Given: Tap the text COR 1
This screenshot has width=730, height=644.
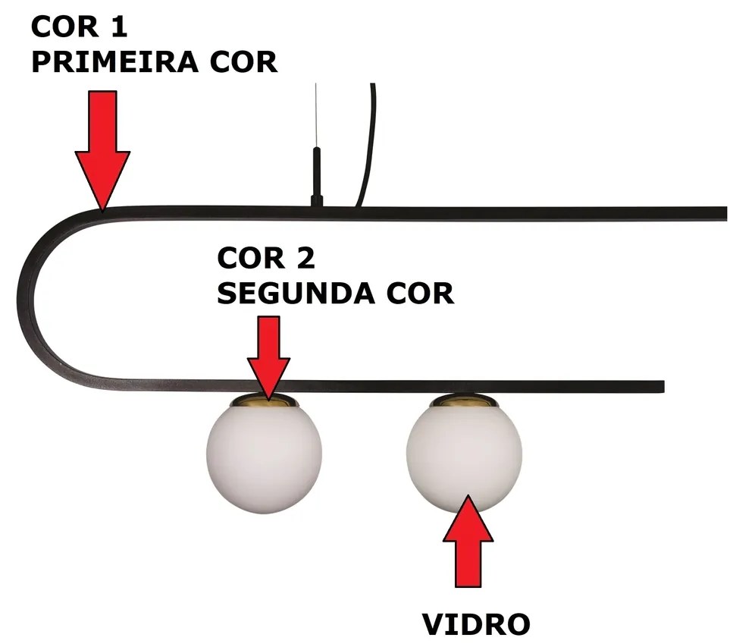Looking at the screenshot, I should click(x=80, y=27).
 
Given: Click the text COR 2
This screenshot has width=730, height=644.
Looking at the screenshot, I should click(x=265, y=259).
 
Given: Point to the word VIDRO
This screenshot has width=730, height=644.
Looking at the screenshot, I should click(x=476, y=625).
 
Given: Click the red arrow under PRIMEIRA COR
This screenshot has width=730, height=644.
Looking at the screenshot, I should click(x=102, y=148).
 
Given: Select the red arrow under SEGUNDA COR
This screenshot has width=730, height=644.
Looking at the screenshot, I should click(x=268, y=357).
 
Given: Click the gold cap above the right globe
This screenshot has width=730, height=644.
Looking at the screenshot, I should click(x=464, y=400).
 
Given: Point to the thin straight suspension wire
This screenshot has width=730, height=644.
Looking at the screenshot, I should click(x=315, y=114).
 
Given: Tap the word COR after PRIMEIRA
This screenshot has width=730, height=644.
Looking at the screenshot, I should click(x=243, y=62).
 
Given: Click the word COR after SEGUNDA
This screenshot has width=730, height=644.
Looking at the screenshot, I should click(x=421, y=294).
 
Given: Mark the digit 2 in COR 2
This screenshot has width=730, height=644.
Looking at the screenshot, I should click(x=302, y=259).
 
